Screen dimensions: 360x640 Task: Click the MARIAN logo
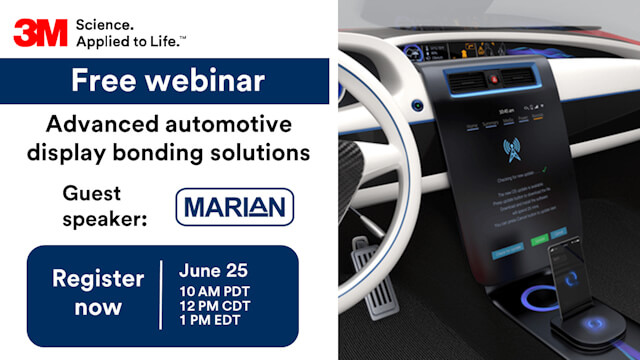tap(234, 207)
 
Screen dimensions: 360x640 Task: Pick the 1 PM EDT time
tap(209, 321)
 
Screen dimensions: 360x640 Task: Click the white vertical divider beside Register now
tap(160, 294)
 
